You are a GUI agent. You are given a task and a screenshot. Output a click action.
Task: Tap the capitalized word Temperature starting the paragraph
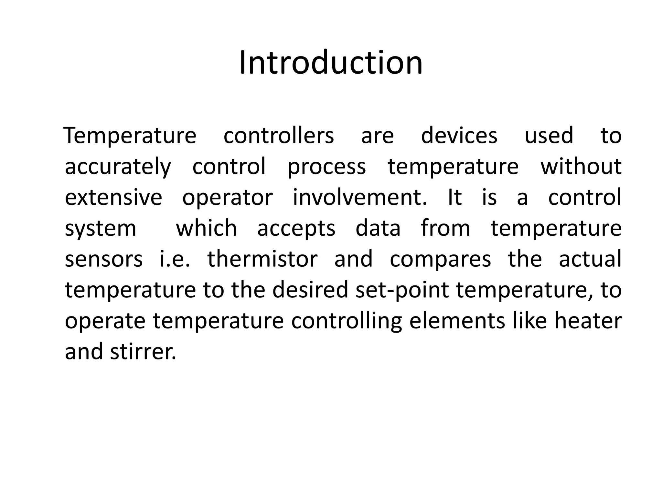(130, 136)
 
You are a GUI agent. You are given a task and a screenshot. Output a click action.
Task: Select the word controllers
(279, 136)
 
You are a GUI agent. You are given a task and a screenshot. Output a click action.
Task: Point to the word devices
(459, 136)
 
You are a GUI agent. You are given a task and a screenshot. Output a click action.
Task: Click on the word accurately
(118, 167)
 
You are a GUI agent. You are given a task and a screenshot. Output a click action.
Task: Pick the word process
(326, 167)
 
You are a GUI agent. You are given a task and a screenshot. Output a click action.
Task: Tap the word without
(581, 166)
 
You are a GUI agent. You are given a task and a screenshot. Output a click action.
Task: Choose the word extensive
(113, 197)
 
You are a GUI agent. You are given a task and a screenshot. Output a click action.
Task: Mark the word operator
(228, 198)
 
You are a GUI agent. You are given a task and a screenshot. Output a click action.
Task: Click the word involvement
(360, 197)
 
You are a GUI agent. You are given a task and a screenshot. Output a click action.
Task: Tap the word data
(378, 228)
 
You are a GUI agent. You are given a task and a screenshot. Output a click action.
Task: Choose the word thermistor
(262, 259)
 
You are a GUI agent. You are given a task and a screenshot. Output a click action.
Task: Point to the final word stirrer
(143, 352)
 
